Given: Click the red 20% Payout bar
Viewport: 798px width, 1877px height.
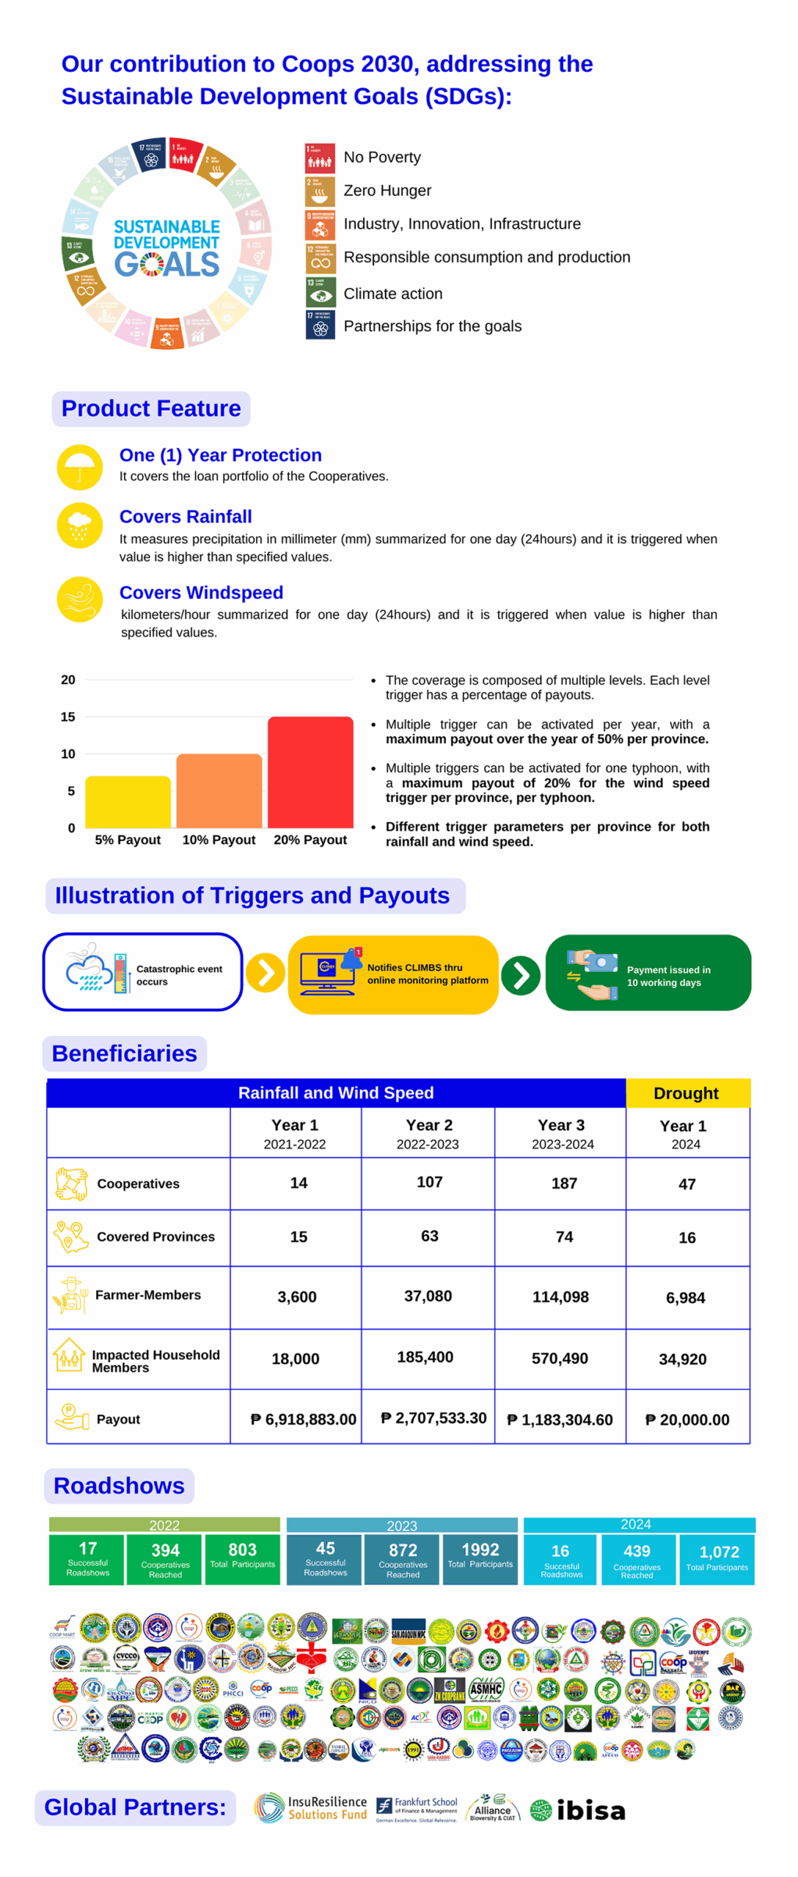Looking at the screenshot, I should (310, 771).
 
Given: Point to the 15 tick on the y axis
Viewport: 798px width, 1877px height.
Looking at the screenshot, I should (67, 716).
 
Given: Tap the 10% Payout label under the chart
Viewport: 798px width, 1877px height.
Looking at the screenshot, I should (219, 840).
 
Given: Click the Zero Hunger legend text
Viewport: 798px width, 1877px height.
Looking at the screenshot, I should (387, 191).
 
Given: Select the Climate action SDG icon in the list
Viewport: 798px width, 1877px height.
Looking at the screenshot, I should (321, 292).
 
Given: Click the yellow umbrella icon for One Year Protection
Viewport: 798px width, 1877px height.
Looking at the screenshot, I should (79, 466).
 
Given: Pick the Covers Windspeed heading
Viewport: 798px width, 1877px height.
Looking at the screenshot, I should (201, 592).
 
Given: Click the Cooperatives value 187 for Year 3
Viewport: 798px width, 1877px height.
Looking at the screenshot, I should (563, 1183).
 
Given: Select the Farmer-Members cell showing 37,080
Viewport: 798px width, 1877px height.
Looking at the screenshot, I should (428, 1296).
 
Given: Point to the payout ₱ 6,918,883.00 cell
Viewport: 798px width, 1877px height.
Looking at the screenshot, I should (303, 1419).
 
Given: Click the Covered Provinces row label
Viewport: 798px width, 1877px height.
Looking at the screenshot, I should (155, 1236).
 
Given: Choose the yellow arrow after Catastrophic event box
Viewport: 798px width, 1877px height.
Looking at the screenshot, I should (265, 972).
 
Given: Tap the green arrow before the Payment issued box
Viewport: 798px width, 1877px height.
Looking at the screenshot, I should (520, 975).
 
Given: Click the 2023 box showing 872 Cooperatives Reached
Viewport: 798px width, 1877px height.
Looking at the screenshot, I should (403, 1558).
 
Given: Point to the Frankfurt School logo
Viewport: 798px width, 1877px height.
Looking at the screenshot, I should (417, 1809).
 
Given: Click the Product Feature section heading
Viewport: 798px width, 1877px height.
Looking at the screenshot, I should (150, 408).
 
